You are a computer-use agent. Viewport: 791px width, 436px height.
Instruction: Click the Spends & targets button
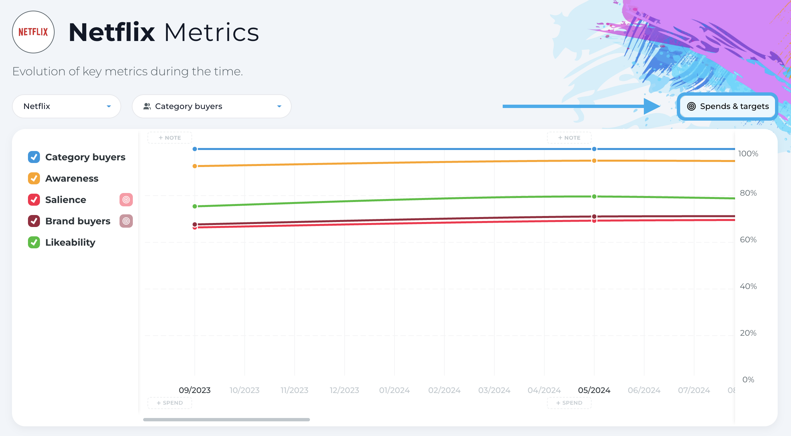coord(727,106)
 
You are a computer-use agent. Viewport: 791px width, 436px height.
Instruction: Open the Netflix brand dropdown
coord(67,106)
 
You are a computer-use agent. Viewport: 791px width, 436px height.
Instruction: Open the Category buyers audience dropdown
coord(212,106)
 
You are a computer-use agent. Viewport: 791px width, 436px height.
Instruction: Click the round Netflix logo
coord(33,32)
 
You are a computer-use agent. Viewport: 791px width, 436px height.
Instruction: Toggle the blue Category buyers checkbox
coord(34,157)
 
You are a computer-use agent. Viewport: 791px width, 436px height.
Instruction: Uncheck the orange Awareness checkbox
coord(34,178)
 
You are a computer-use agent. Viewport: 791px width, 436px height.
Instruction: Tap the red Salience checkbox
coord(34,200)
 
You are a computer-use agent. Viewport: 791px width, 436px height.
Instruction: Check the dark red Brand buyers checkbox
coord(34,221)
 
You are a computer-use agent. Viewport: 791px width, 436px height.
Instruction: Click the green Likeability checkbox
coord(34,242)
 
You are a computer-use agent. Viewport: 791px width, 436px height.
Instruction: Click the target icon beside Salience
coord(126,200)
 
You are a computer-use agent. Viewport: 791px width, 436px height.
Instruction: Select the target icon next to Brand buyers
coord(126,221)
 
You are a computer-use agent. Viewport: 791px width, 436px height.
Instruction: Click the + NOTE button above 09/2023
coord(170,138)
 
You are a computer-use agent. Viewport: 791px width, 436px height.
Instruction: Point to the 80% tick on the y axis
coord(748,193)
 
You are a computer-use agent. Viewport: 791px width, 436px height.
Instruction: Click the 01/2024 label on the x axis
coord(395,390)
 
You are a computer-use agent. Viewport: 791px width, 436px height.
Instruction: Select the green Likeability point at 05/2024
coord(594,197)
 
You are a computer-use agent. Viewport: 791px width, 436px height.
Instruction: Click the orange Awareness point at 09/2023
coord(195,166)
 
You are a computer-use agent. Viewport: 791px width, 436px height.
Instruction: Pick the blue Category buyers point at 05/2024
coord(594,149)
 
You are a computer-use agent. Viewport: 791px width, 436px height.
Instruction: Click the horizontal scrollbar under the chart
coord(226,420)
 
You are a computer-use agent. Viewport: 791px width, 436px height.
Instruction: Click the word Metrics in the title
coord(212,32)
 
